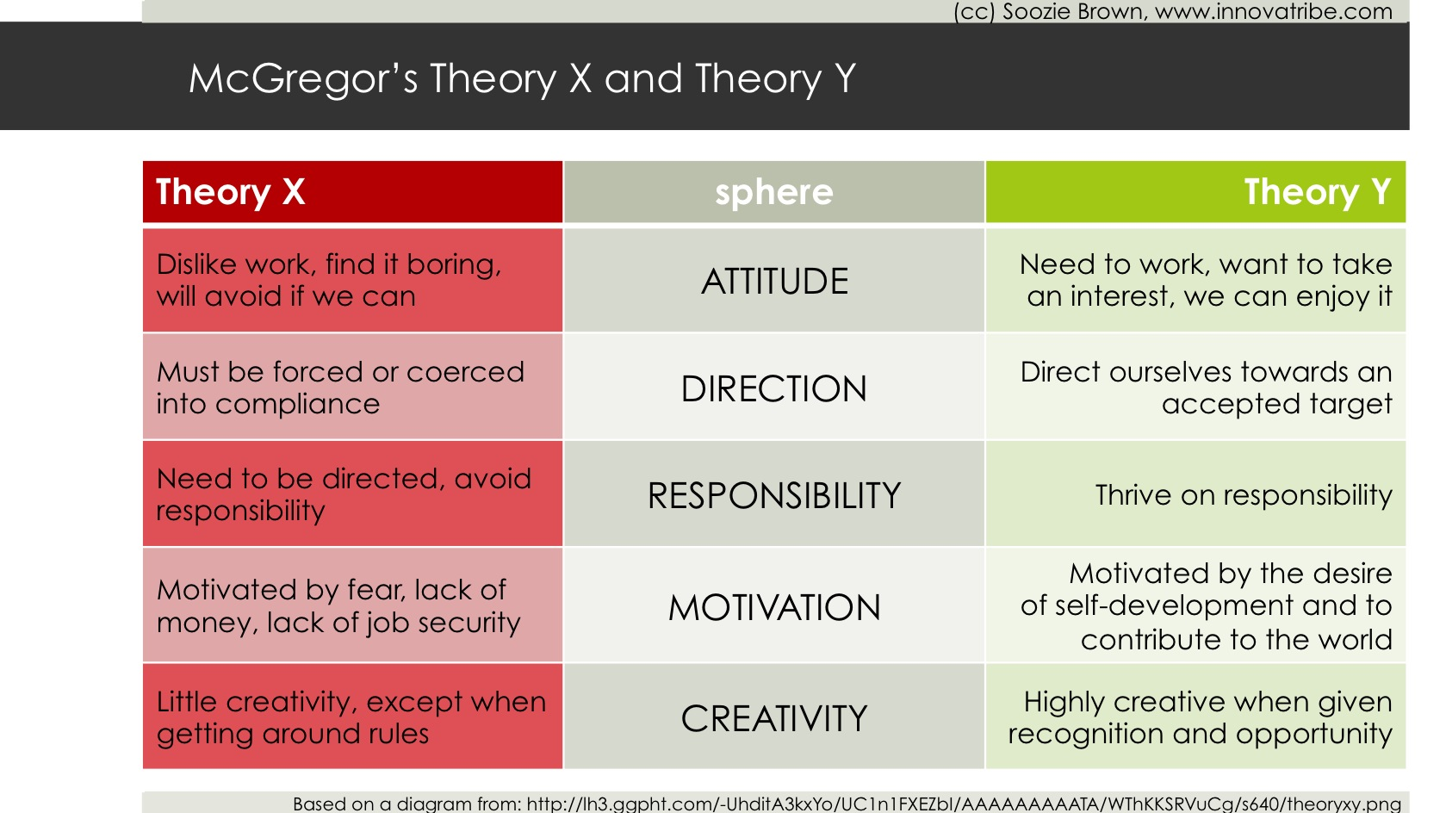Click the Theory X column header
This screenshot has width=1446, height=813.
(352, 192)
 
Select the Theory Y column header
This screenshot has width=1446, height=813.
(1195, 192)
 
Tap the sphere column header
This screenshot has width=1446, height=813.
(774, 192)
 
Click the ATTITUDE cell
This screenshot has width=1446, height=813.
(774, 280)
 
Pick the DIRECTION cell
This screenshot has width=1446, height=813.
(774, 388)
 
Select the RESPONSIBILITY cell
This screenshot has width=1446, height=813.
(774, 494)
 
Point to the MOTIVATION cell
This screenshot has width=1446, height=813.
(774, 605)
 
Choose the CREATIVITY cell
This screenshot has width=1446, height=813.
(774, 717)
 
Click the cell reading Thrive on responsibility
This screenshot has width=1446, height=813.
(1195, 494)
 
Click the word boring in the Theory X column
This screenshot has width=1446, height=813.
(454, 265)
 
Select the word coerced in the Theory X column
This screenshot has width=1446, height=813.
(465, 372)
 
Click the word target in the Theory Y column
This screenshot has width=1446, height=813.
(1350, 405)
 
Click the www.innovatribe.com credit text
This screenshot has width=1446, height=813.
(1273, 11)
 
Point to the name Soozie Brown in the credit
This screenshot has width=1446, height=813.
(1074, 11)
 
